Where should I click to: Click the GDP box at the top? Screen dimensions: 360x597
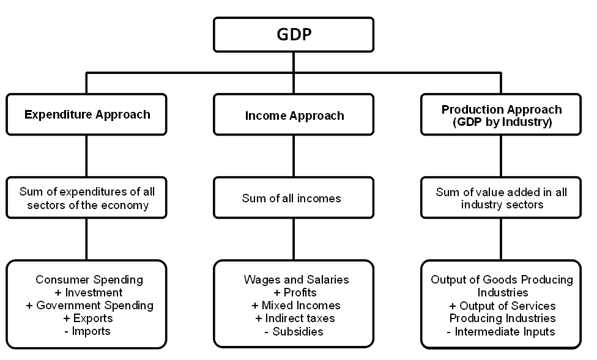point(294,34)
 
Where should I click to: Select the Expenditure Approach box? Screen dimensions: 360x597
point(87,114)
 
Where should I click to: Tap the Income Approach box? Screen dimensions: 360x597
point(294,115)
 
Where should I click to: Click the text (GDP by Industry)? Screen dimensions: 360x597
point(501,122)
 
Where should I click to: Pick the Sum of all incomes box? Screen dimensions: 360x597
point(294,198)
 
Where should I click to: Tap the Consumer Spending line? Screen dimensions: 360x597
point(89,280)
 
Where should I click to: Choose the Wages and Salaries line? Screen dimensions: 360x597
point(296,280)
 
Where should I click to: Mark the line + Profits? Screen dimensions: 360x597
point(296,293)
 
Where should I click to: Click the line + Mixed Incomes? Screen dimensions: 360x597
point(296,306)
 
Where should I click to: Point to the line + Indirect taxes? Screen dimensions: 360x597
point(294,318)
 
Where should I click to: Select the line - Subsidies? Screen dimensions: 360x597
point(294,331)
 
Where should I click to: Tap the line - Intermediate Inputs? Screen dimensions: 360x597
point(502,332)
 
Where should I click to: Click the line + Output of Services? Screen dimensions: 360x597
point(502,306)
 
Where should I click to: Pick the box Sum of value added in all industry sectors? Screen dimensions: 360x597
point(502,198)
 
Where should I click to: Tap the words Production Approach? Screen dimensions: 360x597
point(502,109)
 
